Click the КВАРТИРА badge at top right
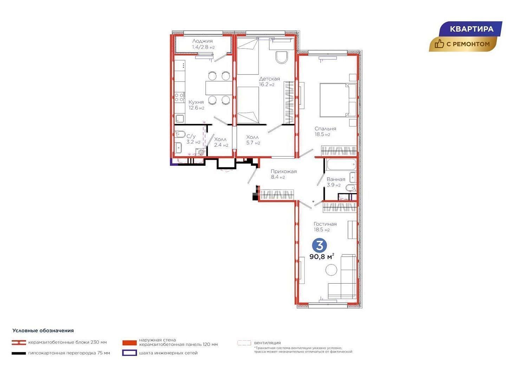pos(470,29)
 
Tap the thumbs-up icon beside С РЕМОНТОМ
pos(440,44)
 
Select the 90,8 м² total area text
pos(322,257)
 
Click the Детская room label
pos(269,79)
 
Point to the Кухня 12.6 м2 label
pos(196,105)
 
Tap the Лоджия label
pos(202,41)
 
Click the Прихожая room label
pos(284,172)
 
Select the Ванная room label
pos(336,179)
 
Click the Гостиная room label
pos(325,224)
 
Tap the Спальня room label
pos(325,129)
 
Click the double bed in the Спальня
pos(338,100)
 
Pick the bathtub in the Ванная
pos(341,165)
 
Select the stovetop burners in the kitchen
pos(179,98)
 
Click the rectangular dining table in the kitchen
pos(219,88)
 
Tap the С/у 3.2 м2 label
pos(193,139)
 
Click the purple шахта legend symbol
pos(129,353)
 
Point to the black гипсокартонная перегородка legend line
pos(19,353)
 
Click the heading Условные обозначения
pos(43,331)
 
